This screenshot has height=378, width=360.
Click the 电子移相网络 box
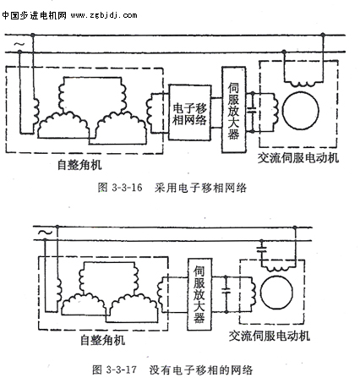coord(190,112)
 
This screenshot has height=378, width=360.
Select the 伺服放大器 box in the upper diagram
coord(233,110)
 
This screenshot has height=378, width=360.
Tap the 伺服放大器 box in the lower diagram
coord(199,294)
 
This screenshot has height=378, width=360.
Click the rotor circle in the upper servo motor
coord(301,111)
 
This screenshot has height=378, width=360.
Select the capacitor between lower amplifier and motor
coord(226,291)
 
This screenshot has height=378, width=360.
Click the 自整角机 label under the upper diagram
coord(79,165)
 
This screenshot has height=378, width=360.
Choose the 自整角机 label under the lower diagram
coord(102,340)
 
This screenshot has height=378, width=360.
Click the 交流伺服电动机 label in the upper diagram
coord(298,158)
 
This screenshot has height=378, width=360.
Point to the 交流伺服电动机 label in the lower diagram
coord(270,336)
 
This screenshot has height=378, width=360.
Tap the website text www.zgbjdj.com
coord(104,15)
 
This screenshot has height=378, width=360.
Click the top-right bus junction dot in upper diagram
coord(323,35)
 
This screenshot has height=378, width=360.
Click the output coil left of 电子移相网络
coord(150,113)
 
